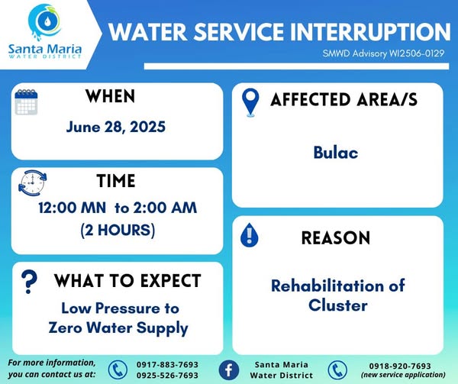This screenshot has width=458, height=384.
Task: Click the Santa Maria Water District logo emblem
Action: pyautogui.click(x=44, y=22)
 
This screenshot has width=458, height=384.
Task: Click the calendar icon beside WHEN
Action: pyautogui.click(x=26, y=102)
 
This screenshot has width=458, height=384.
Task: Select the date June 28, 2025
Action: pyautogui.click(x=116, y=127)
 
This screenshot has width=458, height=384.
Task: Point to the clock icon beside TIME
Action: pyautogui.click(x=32, y=182)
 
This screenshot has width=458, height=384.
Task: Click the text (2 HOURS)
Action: pyautogui.click(x=118, y=230)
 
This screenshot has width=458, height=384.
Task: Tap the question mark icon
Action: pyautogui.click(x=29, y=281)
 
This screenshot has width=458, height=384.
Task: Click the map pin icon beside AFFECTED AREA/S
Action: pyautogui.click(x=250, y=102)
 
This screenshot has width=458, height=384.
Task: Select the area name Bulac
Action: pyautogui.click(x=336, y=153)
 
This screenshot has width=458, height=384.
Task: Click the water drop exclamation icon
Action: pyautogui.click(x=249, y=235)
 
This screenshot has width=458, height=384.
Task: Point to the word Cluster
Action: pyautogui.click(x=338, y=305)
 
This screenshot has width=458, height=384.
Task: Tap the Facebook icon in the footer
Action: pyautogui.click(x=229, y=370)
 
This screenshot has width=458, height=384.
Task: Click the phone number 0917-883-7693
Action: pyautogui.click(x=168, y=365)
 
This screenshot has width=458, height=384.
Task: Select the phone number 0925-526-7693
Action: pyautogui.click(x=168, y=376)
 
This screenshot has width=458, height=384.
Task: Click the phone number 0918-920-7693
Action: pyautogui.click(x=400, y=366)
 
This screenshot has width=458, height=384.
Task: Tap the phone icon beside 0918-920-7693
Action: pyautogui.click(x=337, y=370)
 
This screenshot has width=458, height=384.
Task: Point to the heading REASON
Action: pyautogui.click(x=336, y=237)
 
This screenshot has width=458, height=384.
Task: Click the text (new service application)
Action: pyautogui.click(x=403, y=375)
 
